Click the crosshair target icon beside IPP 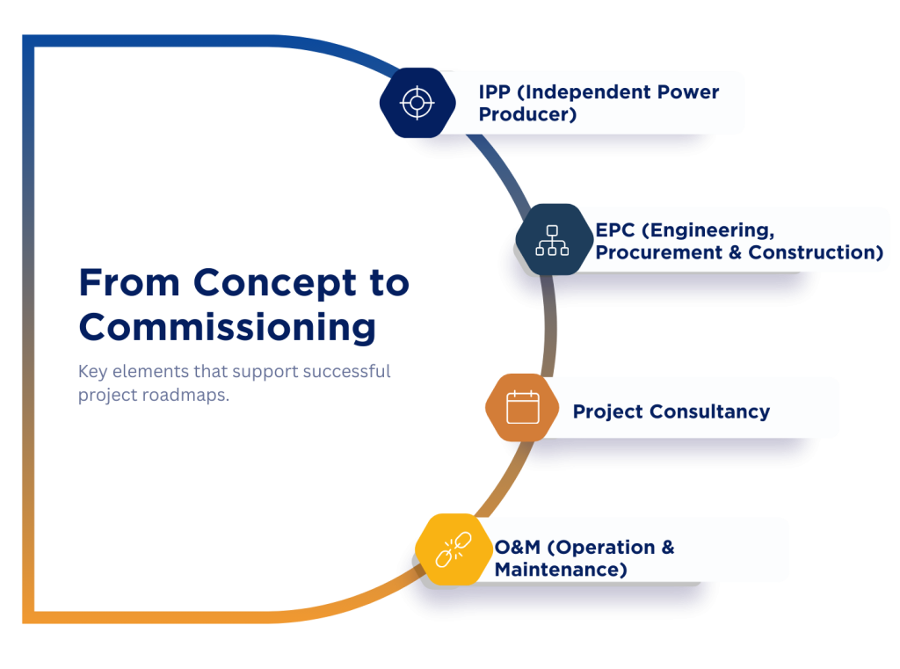click(x=417, y=102)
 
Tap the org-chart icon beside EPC click(x=552, y=239)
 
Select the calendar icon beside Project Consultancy click(x=522, y=408)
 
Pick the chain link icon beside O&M click(x=454, y=550)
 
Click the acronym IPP click(x=495, y=92)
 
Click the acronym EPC click(x=614, y=230)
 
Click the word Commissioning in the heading click(x=228, y=327)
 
